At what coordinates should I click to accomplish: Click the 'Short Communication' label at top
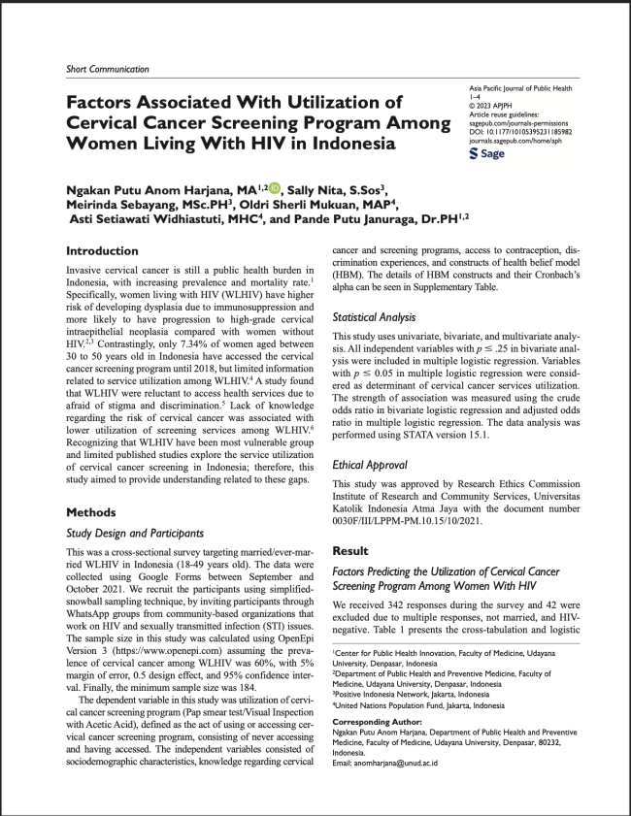[107, 69]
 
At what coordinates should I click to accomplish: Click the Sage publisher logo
[486, 153]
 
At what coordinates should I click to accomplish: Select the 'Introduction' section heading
[102, 251]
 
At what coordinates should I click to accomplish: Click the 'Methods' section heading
[91, 512]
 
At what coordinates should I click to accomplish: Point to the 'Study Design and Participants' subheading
[135, 533]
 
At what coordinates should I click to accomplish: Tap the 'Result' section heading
[352, 550]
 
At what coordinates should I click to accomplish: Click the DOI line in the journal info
[520, 132]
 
